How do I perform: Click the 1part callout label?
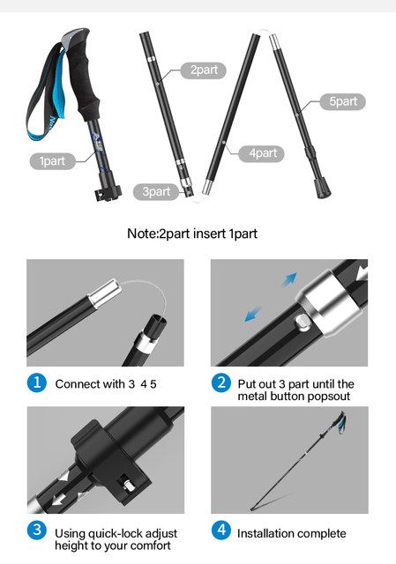coord(53,160)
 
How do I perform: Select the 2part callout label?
coord(204,70)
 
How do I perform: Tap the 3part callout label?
coord(156,191)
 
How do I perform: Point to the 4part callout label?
coord(261,153)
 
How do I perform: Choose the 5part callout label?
coord(343,102)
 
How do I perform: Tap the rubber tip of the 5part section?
coord(323,188)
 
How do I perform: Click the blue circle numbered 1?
coord(37,382)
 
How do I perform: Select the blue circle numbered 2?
coord(221,382)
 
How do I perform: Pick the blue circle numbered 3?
coord(37,531)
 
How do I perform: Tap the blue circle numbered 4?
coord(221,531)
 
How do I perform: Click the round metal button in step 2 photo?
coord(302,322)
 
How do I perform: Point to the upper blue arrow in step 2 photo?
coord(290,279)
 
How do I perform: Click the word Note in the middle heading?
coord(142,234)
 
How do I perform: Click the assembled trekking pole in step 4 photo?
coord(298,461)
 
